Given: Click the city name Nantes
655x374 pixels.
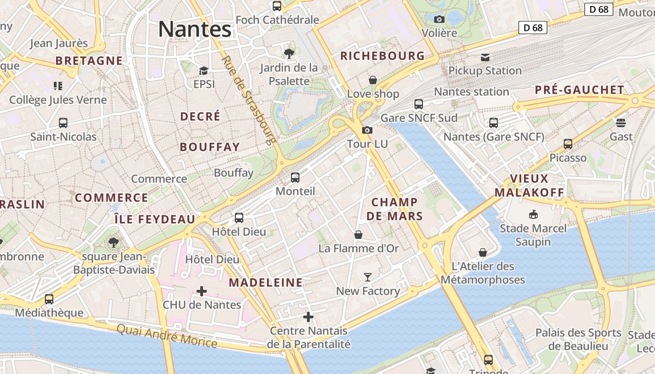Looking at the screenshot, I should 195,29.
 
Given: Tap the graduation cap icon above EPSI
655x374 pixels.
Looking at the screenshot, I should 204,71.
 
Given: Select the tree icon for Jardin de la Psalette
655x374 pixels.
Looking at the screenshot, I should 289,54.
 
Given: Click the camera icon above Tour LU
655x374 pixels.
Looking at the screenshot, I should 367,130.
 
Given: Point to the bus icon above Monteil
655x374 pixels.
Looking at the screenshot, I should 295,178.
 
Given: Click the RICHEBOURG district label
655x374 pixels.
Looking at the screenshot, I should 382,56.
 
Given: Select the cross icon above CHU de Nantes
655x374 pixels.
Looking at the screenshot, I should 202,291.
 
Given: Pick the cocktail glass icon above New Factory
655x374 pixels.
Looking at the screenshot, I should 368,277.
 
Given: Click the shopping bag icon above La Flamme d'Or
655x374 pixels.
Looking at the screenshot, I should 358,234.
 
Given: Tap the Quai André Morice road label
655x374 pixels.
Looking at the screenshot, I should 167,336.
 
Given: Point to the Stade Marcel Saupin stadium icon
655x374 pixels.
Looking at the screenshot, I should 533,215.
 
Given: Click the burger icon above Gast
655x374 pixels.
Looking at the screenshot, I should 621,123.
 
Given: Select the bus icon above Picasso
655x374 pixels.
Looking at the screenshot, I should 568,144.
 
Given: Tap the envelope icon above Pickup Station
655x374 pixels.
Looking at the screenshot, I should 485,58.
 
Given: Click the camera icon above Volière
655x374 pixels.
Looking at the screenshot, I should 439,19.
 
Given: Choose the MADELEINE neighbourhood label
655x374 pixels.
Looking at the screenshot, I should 265,282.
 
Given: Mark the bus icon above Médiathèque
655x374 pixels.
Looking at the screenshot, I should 49,299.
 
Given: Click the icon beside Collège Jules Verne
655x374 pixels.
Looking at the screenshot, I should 58,86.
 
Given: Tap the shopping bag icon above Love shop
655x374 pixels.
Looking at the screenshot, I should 373,80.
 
